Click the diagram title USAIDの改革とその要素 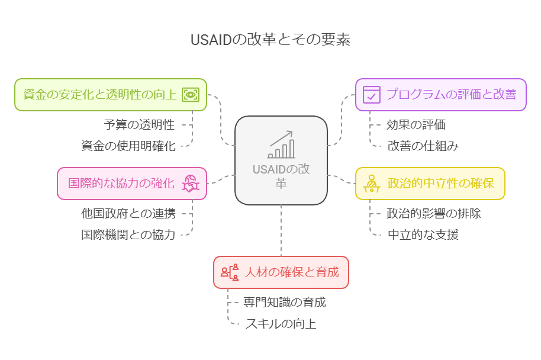pos(270,40)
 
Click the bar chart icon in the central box pos(281,146)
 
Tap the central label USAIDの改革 pos(281,176)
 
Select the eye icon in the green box pos(191,94)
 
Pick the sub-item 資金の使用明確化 pos(128,146)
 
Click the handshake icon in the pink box pos(191,183)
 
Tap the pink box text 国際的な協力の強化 pos(121,183)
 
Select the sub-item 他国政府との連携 pos(128,213)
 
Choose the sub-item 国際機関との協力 pos(128,234)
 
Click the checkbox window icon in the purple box pos(371,94)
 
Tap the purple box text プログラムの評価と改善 pos(451,94)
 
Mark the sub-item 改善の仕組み pos(423,146)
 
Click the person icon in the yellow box pos(371,183)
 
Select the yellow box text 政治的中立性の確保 pos(440,183)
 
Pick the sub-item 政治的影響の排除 pos(433,213)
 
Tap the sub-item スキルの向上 pos(281,324)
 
